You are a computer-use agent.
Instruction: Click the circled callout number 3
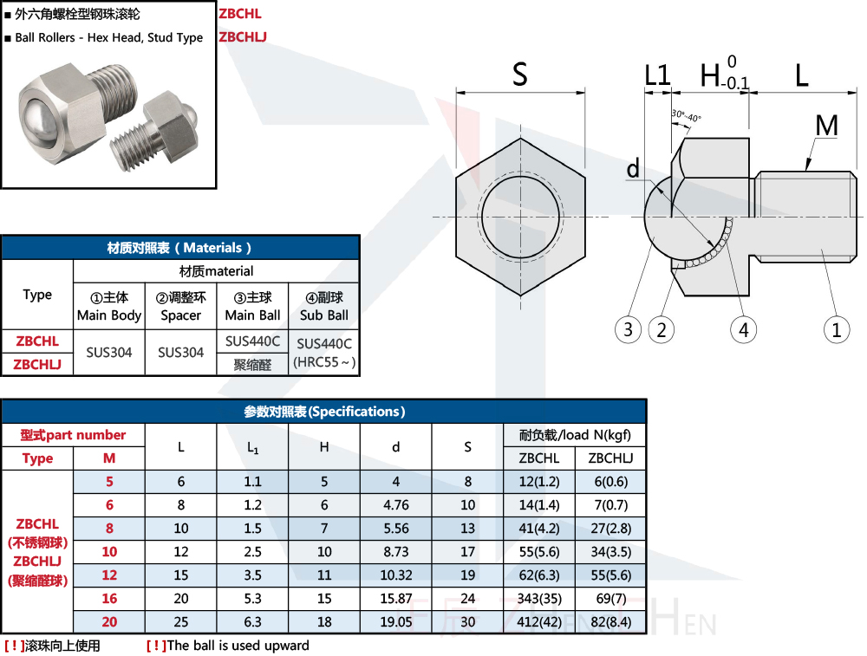pyautogui.click(x=628, y=329)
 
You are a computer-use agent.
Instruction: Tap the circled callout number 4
pyautogui.click(x=743, y=329)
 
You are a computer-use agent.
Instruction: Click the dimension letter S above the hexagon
pyautogui.click(x=519, y=75)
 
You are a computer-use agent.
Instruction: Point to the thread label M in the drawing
pyautogui.click(x=827, y=127)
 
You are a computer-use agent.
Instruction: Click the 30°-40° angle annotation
pyautogui.click(x=686, y=116)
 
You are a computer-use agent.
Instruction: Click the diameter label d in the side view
pyautogui.click(x=633, y=169)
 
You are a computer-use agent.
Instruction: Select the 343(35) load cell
pyautogui.click(x=538, y=599)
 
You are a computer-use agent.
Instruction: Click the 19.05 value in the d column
pyautogui.click(x=395, y=622)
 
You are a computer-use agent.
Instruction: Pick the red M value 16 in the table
pyautogui.click(x=109, y=599)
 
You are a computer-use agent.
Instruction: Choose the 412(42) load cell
pyautogui.click(x=538, y=622)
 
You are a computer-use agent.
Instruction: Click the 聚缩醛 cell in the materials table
pyautogui.click(x=252, y=365)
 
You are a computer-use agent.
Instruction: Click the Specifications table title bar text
pyautogui.click(x=324, y=412)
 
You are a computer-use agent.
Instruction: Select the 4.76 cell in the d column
pyautogui.click(x=395, y=505)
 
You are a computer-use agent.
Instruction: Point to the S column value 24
pyautogui.click(x=467, y=599)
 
